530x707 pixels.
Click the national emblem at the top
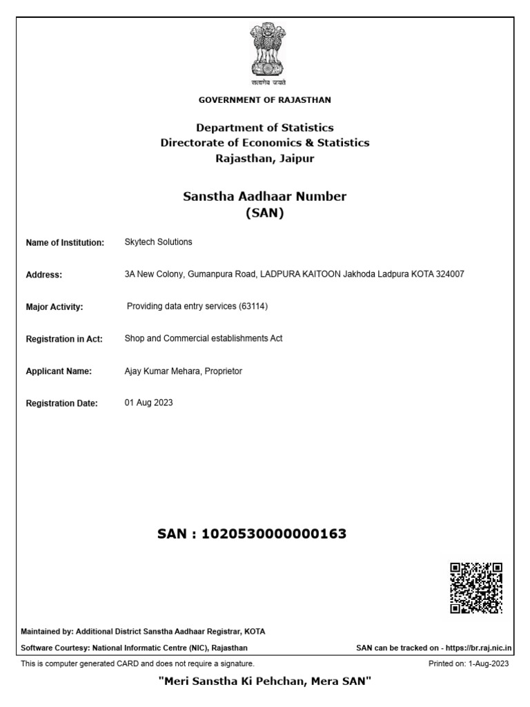pyautogui.click(x=264, y=51)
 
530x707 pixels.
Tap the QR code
pyautogui.click(x=476, y=588)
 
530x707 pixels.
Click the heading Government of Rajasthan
pyautogui.click(x=264, y=100)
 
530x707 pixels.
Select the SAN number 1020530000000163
pyautogui.click(x=273, y=534)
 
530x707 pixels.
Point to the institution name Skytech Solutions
pyautogui.click(x=158, y=242)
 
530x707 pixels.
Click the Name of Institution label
pyautogui.click(x=65, y=243)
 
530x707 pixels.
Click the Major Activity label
pyautogui.click(x=55, y=307)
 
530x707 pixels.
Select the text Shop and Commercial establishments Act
pyautogui.click(x=203, y=338)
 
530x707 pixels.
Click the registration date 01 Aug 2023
pyautogui.click(x=148, y=403)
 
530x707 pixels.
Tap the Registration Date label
pyautogui.click(x=62, y=403)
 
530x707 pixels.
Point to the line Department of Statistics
pyautogui.click(x=264, y=128)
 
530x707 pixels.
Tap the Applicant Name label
pyautogui.click(x=59, y=371)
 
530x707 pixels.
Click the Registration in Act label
pyautogui.click(x=64, y=339)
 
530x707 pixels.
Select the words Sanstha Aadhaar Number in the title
pyautogui.click(x=264, y=197)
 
